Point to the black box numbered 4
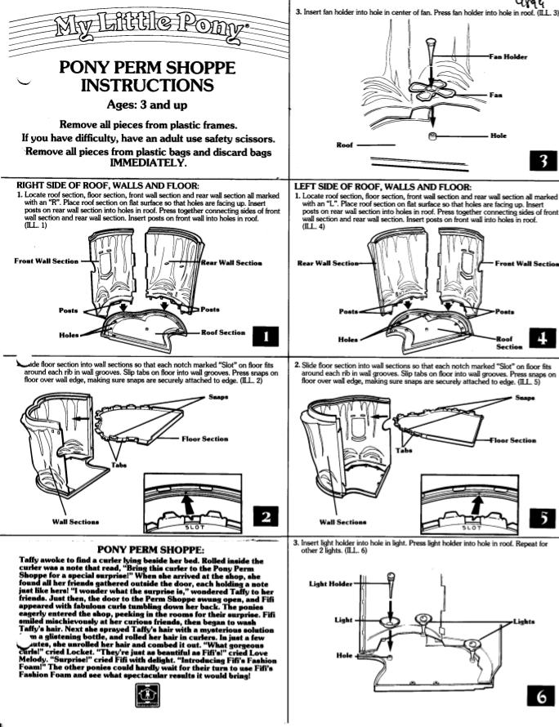click(543, 338)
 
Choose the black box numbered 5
click(542, 517)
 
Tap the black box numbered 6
click(542, 697)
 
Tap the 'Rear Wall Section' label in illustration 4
click(325, 263)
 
